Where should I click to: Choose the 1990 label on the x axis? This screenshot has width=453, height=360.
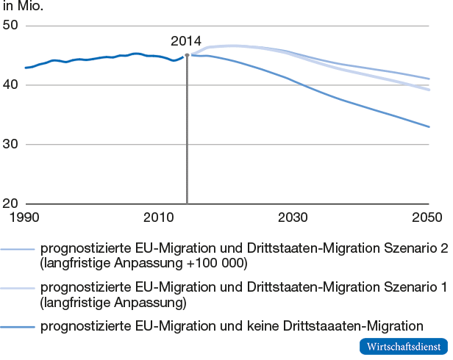point(26,217)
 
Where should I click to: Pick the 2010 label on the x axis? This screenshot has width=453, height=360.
point(159,217)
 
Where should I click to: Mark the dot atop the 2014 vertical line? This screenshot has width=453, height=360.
point(187,54)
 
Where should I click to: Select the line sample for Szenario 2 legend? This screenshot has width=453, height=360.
point(18,249)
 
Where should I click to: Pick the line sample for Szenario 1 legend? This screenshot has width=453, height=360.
point(18,287)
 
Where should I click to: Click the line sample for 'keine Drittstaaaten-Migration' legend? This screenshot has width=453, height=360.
point(18,325)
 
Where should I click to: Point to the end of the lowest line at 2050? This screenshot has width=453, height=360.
point(429,127)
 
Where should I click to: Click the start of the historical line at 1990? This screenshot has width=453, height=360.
point(26,68)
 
